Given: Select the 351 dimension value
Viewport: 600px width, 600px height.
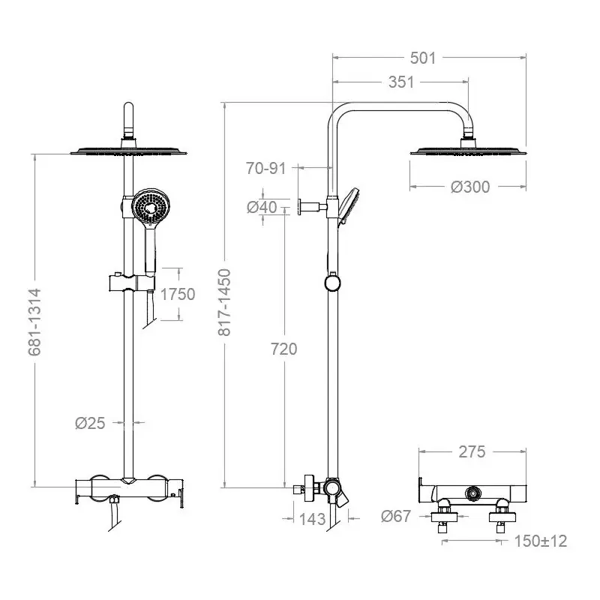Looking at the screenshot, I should (x=401, y=82).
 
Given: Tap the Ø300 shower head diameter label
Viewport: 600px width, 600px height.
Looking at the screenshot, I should (x=470, y=186).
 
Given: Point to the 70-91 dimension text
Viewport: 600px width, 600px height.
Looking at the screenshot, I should (x=266, y=168).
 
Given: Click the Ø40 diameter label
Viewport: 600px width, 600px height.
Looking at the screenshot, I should (x=262, y=207).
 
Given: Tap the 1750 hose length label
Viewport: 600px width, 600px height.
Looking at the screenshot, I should (x=179, y=294).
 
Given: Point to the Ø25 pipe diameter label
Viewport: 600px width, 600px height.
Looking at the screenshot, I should (x=89, y=423).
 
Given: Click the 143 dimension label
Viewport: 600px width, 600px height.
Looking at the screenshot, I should (x=311, y=518).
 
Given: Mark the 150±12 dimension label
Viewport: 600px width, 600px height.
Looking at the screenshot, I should (x=540, y=541).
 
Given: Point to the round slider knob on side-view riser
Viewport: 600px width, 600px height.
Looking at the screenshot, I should (x=330, y=283).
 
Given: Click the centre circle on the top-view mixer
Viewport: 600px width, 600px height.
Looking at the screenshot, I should (x=473, y=493).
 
